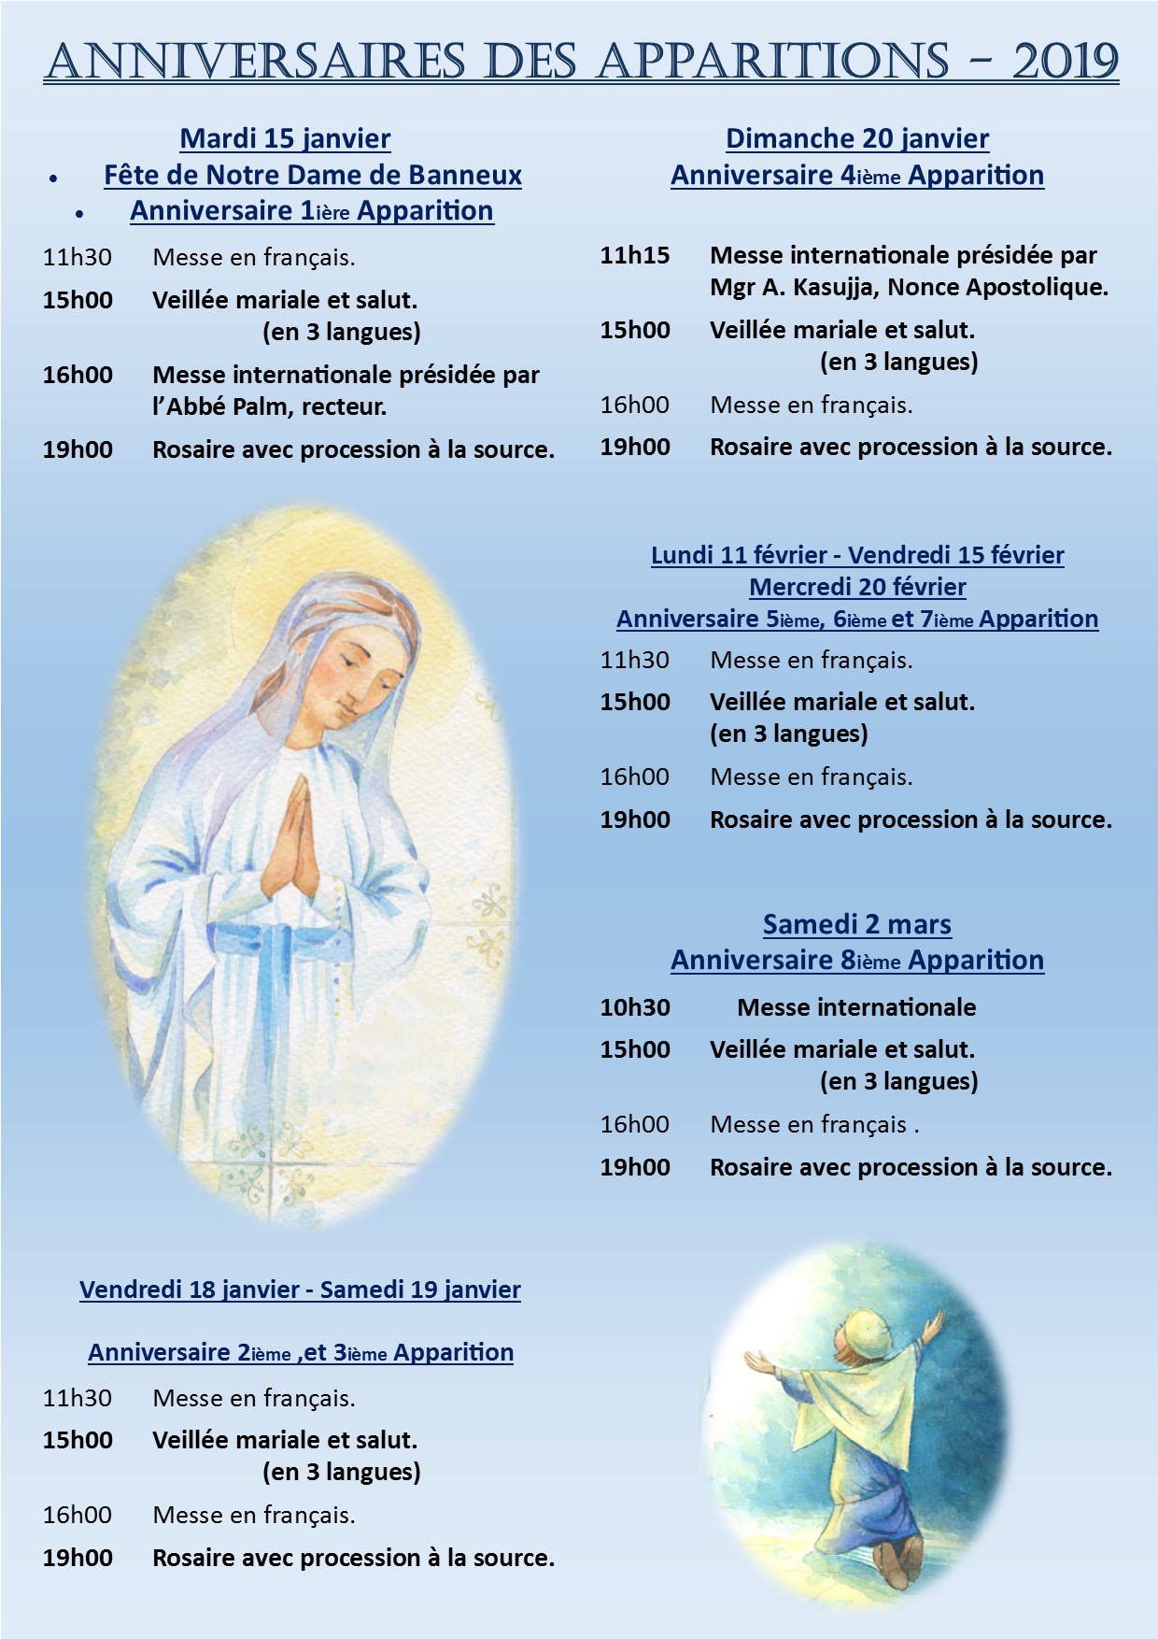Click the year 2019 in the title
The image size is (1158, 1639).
[1065, 62]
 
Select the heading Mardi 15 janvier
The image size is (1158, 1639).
[285, 138]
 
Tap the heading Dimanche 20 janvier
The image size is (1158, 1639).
[856, 138]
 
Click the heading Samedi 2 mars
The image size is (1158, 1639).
[856, 924]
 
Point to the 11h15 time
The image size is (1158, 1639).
[635, 255]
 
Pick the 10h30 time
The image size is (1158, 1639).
[635, 1007]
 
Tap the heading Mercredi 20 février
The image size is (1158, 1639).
[856, 587]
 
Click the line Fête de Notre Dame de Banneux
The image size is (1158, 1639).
[312, 175]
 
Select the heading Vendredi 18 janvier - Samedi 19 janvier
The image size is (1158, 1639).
[300, 1290]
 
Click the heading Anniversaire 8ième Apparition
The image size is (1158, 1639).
[856, 960]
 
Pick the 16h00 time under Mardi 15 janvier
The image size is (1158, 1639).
[78, 375]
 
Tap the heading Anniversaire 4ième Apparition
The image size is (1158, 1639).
[856, 175]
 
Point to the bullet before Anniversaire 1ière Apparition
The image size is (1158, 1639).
[80, 214]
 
